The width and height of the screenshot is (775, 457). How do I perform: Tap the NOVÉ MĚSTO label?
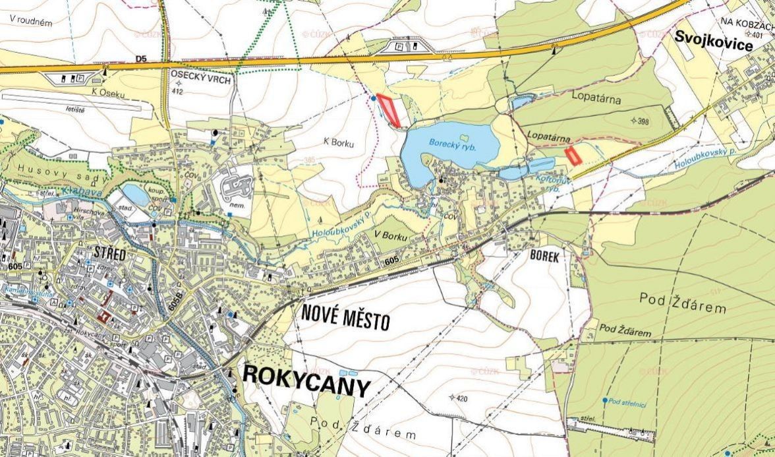(x=346, y=317)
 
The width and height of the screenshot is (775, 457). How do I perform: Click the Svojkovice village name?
(x=713, y=45)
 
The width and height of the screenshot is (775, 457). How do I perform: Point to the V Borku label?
(x=389, y=236)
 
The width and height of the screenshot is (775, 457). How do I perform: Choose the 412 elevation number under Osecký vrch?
(x=176, y=92)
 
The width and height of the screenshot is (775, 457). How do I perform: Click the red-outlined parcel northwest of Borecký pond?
(x=389, y=110)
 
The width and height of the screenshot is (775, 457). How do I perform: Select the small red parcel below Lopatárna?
(x=573, y=156)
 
